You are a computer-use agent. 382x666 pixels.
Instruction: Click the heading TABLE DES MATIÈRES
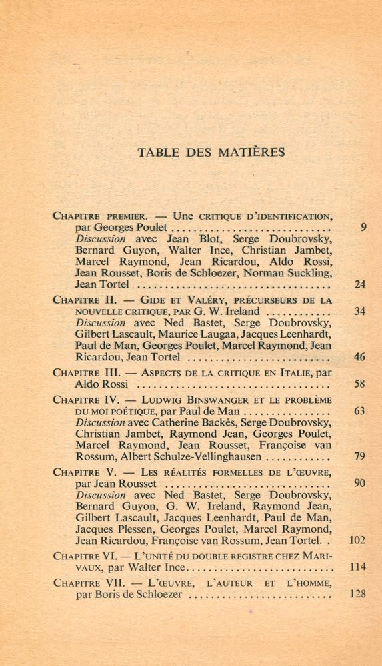point(211,152)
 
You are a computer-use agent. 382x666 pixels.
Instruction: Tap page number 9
point(363,227)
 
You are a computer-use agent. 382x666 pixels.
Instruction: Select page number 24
point(360,284)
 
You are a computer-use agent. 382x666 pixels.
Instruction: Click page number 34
point(360,311)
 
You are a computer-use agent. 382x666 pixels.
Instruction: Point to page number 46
point(360,357)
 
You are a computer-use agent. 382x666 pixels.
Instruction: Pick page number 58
point(360,384)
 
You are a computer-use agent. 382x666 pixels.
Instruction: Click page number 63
point(360,411)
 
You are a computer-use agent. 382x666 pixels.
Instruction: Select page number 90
point(360,483)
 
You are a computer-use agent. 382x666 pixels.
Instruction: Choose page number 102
point(357,540)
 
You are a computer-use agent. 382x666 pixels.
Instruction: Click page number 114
point(357,567)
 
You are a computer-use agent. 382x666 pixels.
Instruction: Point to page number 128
point(357,594)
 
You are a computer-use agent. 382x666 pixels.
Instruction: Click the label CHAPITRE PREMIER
point(100,216)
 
